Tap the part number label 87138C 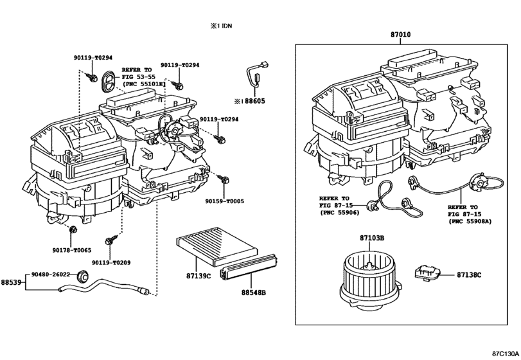click(469, 274)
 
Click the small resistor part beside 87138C click(427, 273)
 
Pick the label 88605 click(256, 101)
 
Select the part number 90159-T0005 click(225, 201)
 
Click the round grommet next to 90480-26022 click(82, 276)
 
